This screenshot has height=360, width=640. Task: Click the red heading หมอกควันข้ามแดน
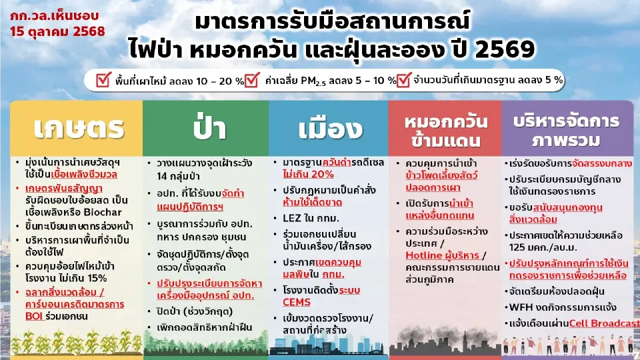pos(446,131)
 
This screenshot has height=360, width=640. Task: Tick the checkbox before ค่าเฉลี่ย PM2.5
pos(252,81)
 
